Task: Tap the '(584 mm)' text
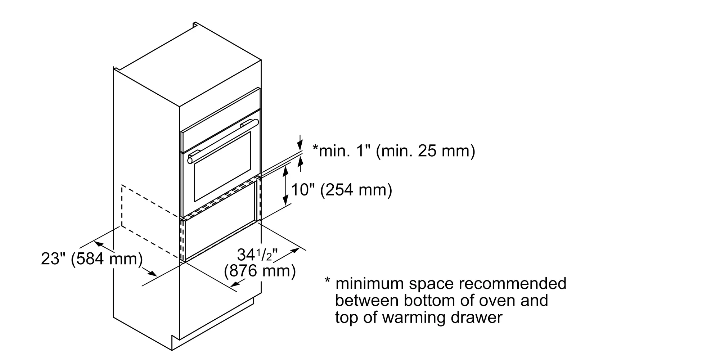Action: click(x=107, y=259)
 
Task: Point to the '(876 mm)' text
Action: click(x=260, y=271)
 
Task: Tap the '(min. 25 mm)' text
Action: click(x=426, y=151)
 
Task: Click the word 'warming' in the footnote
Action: click(x=416, y=318)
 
